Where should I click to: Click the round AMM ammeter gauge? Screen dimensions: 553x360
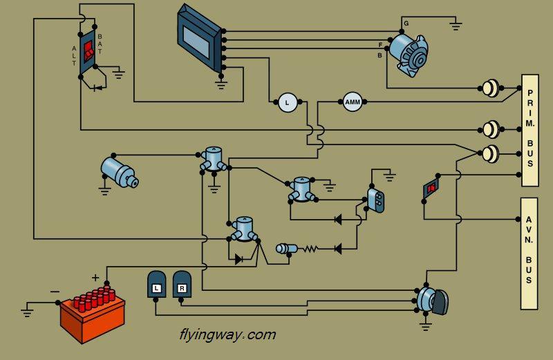coord(353,102)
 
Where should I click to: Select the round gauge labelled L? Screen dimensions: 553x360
coord(288,102)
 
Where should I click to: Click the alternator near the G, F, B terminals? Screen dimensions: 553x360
coord(409,55)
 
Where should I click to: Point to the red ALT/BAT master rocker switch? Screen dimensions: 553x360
coord(88,50)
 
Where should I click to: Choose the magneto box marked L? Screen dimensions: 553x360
coord(157,284)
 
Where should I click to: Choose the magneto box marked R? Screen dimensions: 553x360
coord(182,284)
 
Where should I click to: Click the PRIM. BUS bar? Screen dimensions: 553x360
coord(530,130)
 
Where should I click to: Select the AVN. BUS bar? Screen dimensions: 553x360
coord(529,254)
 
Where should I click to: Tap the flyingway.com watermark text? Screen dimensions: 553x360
coord(228,334)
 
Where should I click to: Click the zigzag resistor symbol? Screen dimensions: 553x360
coord(310,249)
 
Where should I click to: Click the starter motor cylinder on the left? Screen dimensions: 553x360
coord(119,173)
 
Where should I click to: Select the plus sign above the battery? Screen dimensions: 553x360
coord(95,278)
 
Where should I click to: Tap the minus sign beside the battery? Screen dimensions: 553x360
coord(55,292)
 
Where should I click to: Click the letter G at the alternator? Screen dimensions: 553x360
coord(406,23)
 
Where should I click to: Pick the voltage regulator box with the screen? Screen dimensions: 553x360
coord(198,37)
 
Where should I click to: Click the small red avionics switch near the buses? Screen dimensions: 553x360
coord(431,189)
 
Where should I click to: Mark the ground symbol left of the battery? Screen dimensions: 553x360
coord(27,313)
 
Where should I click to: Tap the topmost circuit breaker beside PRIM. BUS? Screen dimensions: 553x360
coord(491,88)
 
